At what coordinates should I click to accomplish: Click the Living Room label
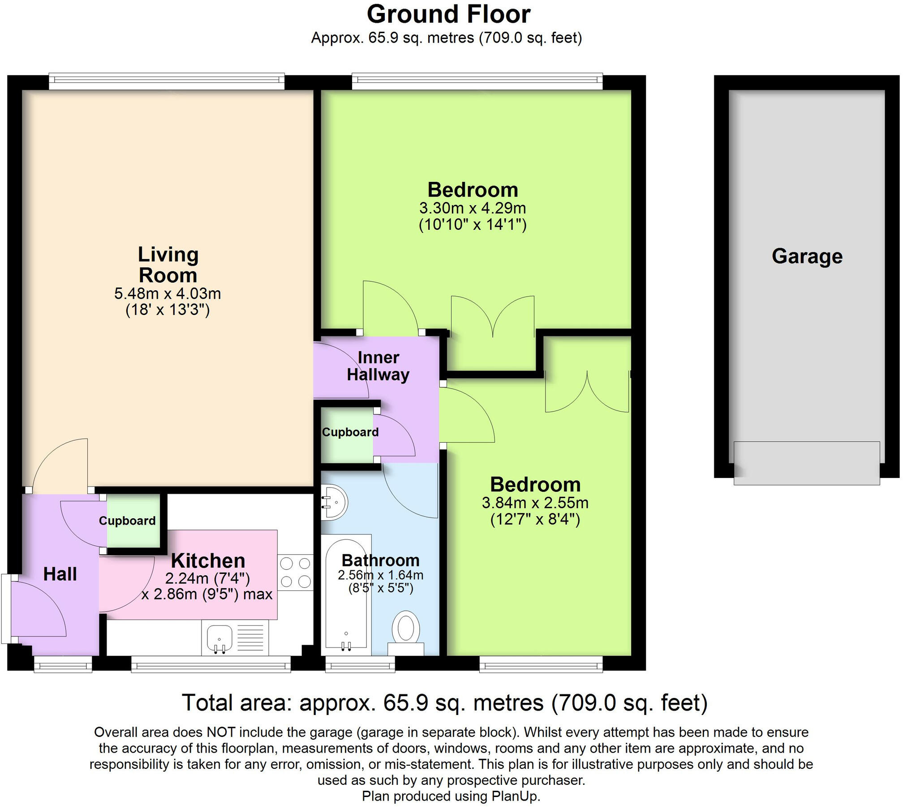pos(168,264)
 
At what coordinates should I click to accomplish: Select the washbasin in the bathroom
pos(335,503)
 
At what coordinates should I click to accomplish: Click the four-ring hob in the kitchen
pos(295,572)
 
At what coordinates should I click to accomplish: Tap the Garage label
pos(807,256)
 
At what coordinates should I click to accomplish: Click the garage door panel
pos(807,463)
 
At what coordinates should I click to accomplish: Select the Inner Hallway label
pos(378,366)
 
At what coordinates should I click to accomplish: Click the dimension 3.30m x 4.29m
pos(473,208)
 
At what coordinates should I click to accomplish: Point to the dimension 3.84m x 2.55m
pos(535,503)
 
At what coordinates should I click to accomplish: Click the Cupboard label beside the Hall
pos(127,521)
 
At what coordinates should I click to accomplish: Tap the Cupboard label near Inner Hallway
pos(350,432)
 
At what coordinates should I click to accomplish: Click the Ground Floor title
pos(449,14)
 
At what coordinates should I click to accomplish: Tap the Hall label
pos(60,574)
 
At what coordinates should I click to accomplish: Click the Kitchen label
pos(208,560)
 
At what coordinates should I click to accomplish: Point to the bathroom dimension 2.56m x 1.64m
pos(380,575)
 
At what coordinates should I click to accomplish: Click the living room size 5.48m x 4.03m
pos(168,293)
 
